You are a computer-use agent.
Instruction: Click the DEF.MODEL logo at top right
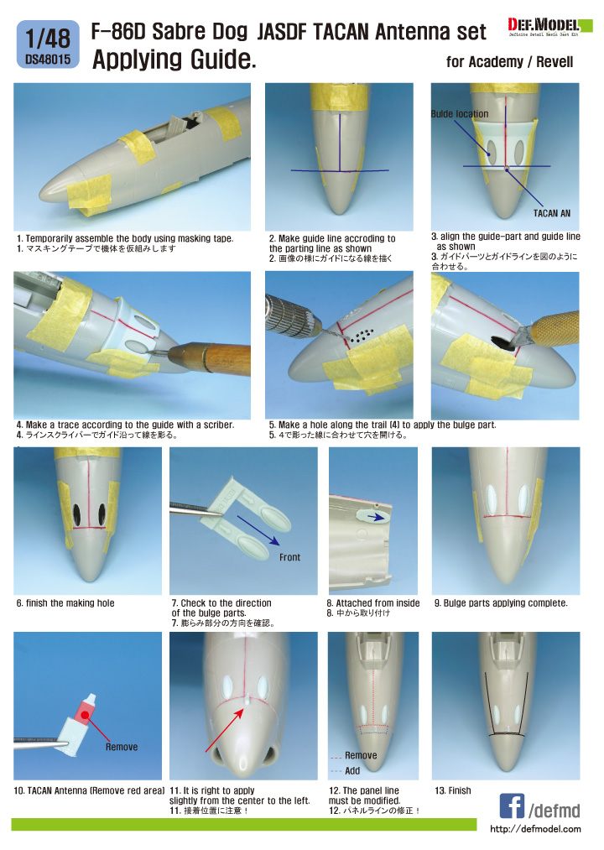tap(544, 27)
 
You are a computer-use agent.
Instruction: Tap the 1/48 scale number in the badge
tap(48, 39)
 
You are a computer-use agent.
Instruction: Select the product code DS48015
tap(48, 60)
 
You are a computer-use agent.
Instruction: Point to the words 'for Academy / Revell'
tap(510, 62)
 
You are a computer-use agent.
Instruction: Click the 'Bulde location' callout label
tap(460, 114)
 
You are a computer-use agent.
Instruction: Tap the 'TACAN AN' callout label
tap(551, 214)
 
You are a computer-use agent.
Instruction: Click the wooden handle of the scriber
tap(215, 357)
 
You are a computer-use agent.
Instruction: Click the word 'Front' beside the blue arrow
tap(289, 557)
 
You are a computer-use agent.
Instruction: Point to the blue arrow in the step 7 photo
tap(258, 530)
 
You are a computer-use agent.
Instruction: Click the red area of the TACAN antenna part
tap(84, 713)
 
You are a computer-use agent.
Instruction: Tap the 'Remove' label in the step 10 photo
tap(122, 747)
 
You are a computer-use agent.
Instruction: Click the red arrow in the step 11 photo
tap(224, 730)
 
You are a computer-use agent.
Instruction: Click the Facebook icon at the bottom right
tap(512, 806)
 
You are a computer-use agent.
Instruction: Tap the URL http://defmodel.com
tap(535, 829)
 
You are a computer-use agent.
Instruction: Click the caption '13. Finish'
tap(453, 791)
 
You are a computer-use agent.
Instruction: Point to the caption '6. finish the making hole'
tap(65, 603)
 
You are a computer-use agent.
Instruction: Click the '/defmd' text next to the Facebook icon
tap(555, 811)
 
